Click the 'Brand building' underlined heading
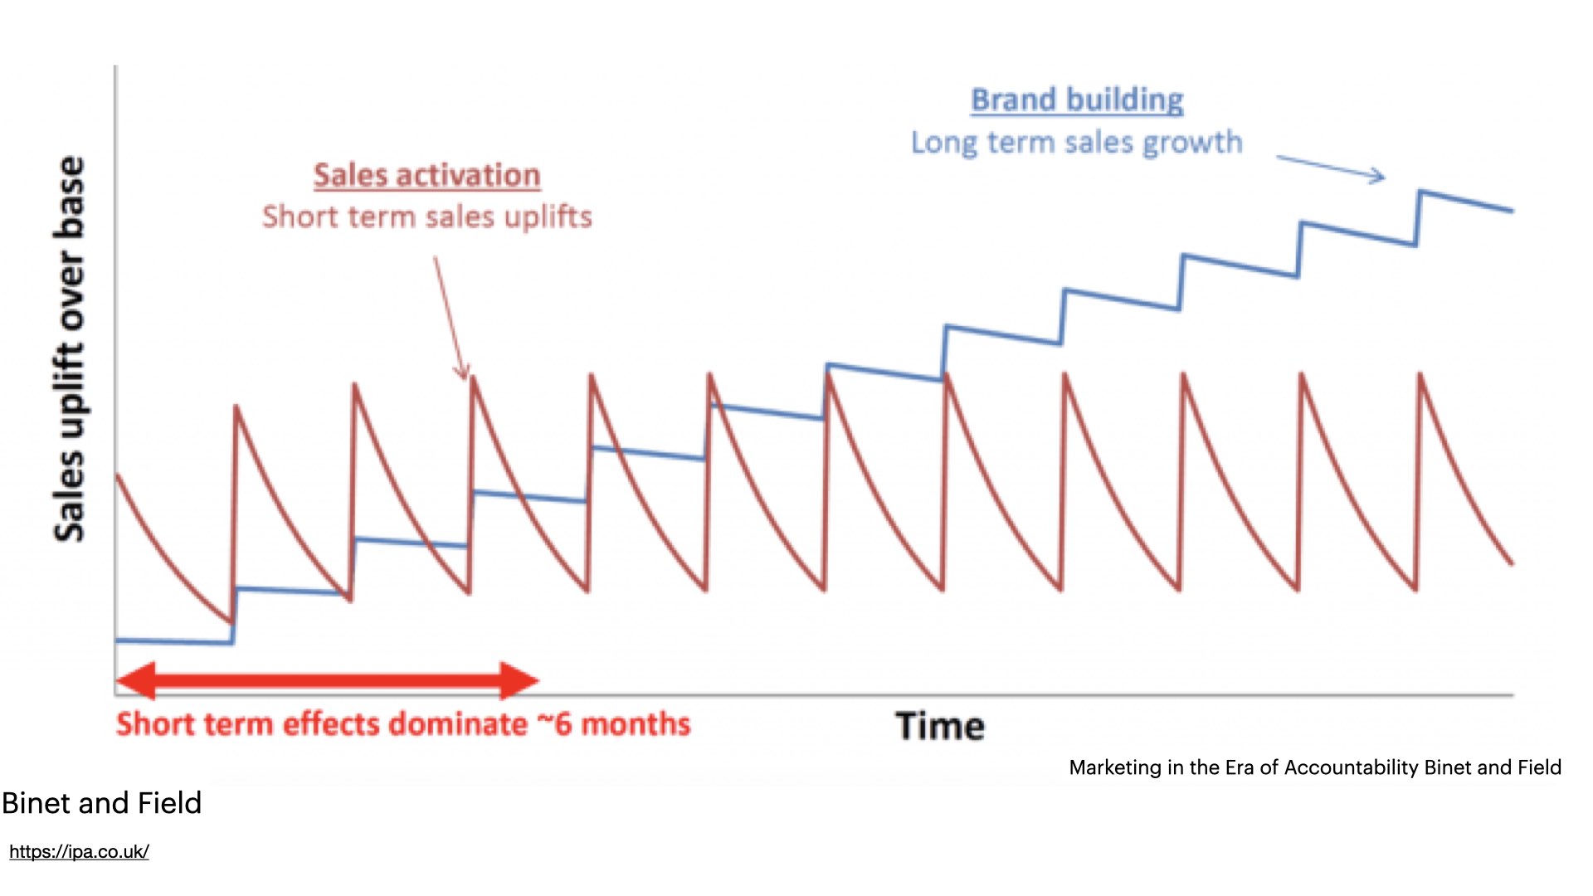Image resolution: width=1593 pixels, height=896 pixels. [x=1077, y=100]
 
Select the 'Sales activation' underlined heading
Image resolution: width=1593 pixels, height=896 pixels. [x=426, y=176]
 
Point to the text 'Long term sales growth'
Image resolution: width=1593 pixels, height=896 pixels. [x=1077, y=143]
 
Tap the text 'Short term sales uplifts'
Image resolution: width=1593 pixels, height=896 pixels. [x=426, y=217]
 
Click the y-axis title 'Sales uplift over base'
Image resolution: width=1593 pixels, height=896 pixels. [x=70, y=348]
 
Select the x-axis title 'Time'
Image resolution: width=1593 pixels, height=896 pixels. [x=940, y=727]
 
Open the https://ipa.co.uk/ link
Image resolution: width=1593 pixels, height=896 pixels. [x=79, y=852]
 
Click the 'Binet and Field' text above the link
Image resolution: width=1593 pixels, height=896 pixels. [x=101, y=803]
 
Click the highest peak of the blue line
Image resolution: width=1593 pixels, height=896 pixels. [x=1421, y=192]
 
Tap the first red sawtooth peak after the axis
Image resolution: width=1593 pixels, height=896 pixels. [x=236, y=407]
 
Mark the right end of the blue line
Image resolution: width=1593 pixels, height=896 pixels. [x=1512, y=211]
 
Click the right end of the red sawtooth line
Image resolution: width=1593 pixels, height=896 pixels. [x=1512, y=564]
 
